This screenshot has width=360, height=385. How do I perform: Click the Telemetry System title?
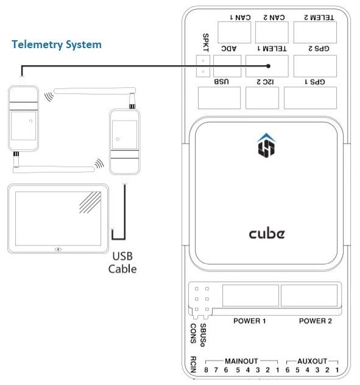coord(56,44)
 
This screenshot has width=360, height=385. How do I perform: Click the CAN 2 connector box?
coord(271,31)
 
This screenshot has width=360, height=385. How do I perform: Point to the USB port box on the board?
coord(219,97)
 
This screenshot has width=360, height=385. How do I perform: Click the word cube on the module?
coord(267,233)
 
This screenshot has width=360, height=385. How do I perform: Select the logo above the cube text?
coord(267,144)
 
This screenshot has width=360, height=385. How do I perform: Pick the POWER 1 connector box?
coord(250,295)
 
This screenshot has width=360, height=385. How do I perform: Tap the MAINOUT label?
coord(242,361)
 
